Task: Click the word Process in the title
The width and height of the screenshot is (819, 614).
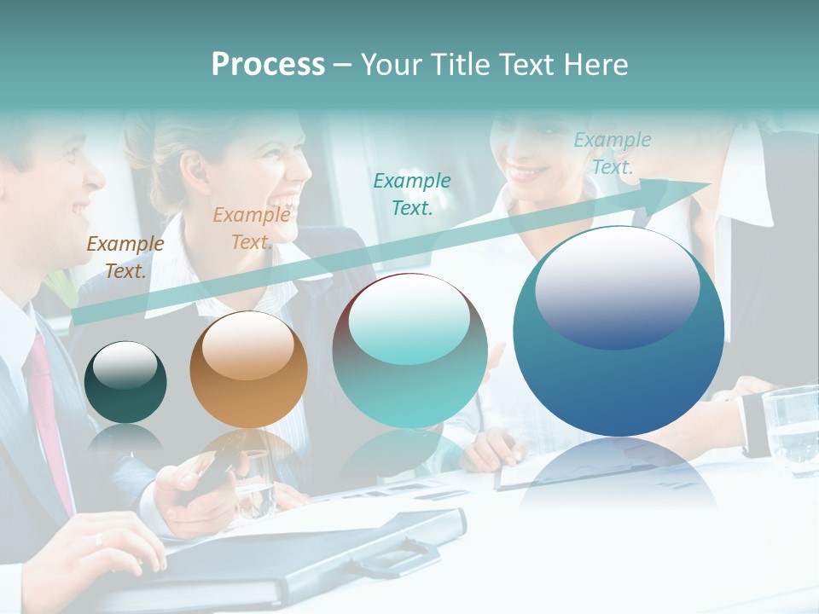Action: (x=268, y=65)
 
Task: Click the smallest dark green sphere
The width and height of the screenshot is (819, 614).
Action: (x=125, y=382)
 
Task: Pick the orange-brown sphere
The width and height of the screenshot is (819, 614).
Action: (x=248, y=369)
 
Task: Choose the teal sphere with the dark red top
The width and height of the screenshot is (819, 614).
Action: (x=409, y=350)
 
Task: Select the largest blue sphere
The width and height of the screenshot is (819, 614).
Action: (x=619, y=331)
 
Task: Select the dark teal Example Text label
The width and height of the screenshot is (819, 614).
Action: (x=412, y=194)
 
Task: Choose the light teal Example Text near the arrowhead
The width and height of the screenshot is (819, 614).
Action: (x=612, y=153)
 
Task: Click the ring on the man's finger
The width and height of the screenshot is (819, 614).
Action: (x=99, y=539)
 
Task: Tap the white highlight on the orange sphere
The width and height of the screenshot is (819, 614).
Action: (x=247, y=345)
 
